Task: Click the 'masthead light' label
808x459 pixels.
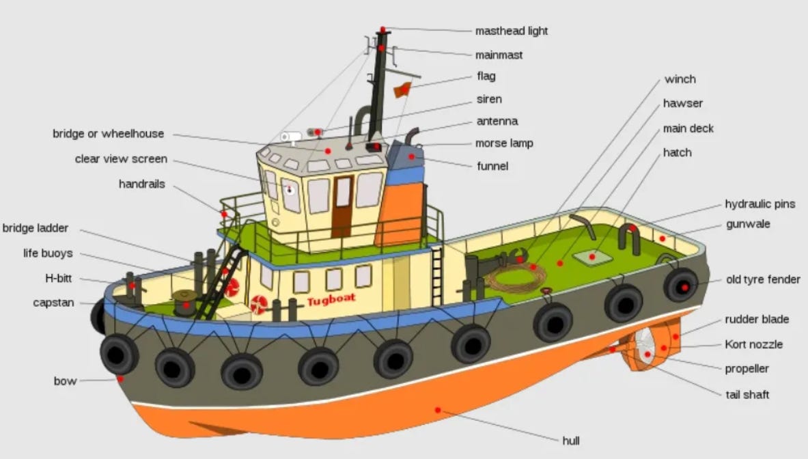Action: point(512,31)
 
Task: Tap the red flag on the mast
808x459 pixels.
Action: point(402,89)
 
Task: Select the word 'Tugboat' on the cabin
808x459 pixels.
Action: point(331,301)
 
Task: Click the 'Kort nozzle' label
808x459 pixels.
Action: point(754,344)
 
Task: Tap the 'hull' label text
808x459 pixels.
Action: point(571,441)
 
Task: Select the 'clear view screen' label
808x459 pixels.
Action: point(121,158)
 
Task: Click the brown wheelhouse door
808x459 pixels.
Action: point(342,205)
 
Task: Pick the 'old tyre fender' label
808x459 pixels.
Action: point(763,279)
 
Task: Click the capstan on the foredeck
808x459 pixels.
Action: point(184,301)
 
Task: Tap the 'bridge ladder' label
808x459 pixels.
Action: point(36,228)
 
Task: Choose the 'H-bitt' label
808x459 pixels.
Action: point(58,279)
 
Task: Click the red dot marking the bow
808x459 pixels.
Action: point(120,378)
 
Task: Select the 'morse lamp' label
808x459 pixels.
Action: point(504,143)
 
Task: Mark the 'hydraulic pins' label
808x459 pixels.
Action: point(760,204)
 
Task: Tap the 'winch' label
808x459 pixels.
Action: point(680,79)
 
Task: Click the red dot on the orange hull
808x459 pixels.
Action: point(438,410)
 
